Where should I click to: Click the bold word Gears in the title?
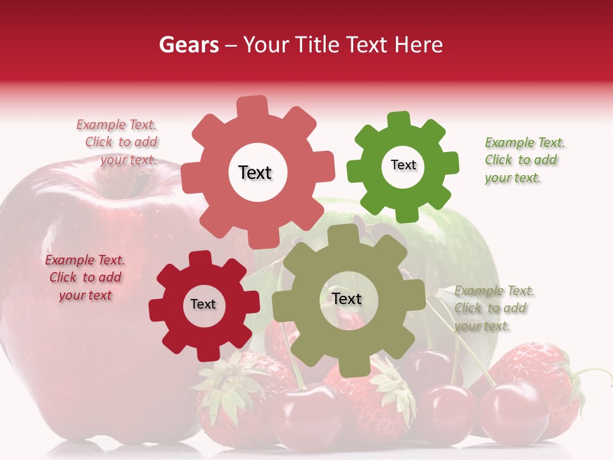188,45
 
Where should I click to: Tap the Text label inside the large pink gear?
255,172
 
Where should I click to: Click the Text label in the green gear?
403,165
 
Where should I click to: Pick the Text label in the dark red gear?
203,304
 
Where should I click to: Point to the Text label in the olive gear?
347,298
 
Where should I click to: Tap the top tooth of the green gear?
399,121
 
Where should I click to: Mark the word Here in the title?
418,45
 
